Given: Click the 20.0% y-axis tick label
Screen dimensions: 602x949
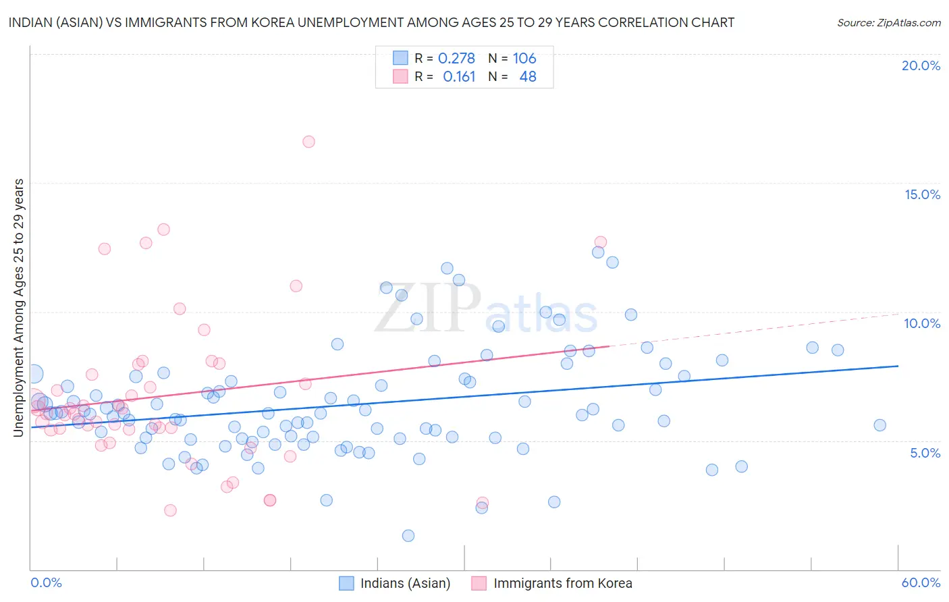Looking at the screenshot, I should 921,65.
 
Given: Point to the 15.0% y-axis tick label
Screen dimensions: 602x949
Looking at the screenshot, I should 922,194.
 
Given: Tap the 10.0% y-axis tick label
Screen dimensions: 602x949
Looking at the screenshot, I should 922,323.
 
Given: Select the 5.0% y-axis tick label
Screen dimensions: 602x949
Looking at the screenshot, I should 925,453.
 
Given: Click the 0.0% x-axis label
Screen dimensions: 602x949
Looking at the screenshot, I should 46,582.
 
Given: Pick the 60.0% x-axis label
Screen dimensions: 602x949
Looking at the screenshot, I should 921,582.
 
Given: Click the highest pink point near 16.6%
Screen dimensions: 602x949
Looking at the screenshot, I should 308,142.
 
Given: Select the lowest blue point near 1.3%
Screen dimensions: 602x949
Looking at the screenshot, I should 408,536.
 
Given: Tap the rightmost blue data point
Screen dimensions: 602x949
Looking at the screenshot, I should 879,425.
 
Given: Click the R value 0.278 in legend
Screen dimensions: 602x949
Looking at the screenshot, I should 456,59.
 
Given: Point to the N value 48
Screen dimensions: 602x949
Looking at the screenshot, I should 528,77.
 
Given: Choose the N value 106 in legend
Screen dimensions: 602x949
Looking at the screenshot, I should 524,59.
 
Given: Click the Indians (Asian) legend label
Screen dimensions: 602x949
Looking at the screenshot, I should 405,583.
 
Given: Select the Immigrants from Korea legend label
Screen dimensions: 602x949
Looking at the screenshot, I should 562,583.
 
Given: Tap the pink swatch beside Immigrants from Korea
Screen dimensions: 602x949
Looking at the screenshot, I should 479,583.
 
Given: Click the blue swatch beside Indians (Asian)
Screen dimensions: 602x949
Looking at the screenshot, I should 346,583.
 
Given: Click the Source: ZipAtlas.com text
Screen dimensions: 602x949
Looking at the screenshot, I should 888,23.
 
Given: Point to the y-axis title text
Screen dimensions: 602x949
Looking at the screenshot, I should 19,308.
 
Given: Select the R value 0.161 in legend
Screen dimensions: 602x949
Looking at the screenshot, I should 459,77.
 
